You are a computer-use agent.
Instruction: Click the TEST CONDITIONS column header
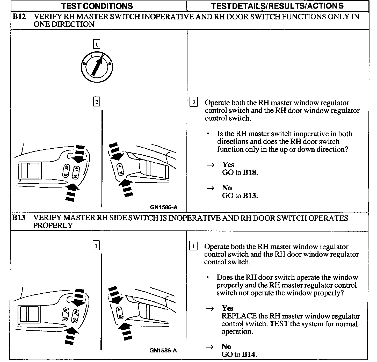[x=97, y=6]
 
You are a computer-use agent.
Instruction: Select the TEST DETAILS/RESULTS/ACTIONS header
[x=277, y=6]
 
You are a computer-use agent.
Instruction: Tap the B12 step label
[x=19, y=17]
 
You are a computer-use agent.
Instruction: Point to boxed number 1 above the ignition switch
[x=96, y=44]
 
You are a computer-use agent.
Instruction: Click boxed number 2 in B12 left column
[x=96, y=102]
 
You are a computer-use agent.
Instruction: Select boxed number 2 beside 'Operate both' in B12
[x=194, y=103]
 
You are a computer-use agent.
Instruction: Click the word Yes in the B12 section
[x=228, y=165]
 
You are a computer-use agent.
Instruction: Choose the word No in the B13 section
[x=226, y=347]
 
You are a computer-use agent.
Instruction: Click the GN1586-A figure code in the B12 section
[x=164, y=207]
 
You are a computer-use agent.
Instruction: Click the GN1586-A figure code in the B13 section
[x=163, y=351]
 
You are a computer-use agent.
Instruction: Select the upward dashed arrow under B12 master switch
[x=71, y=192]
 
